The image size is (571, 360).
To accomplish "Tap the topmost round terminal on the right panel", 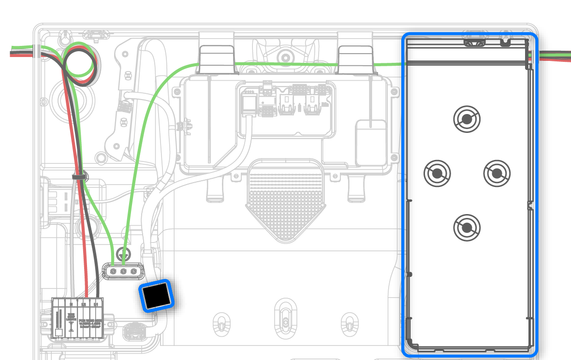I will tap(467, 118).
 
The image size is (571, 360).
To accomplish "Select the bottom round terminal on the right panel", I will tap(467, 227).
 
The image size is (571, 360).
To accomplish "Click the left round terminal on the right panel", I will tap(437, 173).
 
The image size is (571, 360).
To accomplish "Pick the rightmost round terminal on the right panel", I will tap(497, 173).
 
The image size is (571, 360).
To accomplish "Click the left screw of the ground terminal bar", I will tap(113, 272).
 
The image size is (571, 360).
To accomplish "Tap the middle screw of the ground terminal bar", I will tap(123, 272).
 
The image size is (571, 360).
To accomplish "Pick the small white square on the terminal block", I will tap(58, 332).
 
